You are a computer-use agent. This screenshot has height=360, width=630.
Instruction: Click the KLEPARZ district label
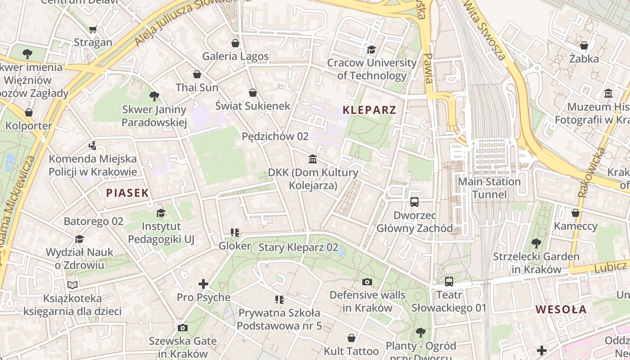point(369,110)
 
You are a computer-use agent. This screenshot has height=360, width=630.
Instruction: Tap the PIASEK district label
point(127,193)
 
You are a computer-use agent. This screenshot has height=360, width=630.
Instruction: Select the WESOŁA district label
point(561,310)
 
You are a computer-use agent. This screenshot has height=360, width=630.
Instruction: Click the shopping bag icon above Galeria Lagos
point(235,43)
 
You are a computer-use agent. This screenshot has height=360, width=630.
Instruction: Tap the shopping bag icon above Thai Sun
point(197,74)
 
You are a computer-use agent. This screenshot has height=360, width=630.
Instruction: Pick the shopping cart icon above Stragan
point(93,30)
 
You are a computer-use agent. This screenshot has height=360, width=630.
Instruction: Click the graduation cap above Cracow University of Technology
point(371,49)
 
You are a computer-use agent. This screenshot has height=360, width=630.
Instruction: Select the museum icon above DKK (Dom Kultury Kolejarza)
point(313,159)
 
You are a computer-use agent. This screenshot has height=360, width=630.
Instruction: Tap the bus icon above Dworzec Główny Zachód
point(414,202)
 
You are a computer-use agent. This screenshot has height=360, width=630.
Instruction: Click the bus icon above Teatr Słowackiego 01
point(449,282)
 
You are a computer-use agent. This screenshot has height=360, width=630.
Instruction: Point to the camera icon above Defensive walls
point(367,282)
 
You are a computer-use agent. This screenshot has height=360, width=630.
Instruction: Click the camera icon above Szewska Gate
point(182,328)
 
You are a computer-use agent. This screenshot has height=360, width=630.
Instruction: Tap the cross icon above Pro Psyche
point(203,284)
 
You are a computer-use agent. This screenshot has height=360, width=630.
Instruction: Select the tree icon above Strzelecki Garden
point(536,243)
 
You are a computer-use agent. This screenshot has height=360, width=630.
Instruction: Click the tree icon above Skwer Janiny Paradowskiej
point(154,96)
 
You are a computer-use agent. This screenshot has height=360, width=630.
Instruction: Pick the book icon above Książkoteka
point(72,285)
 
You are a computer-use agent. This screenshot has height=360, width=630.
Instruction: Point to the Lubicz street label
point(610,266)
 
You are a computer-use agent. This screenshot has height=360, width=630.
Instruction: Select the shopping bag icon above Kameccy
point(576,213)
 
